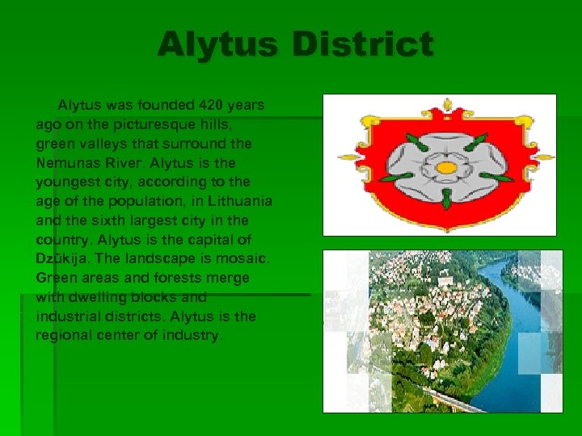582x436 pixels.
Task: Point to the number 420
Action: click(x=210, y=105)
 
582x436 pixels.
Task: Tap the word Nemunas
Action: click(x=65, y=162)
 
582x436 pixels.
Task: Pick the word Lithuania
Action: click(x=240, y=201)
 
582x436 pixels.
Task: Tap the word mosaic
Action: click(x=246, y=259)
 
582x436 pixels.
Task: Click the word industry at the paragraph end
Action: click(x=192, y=336)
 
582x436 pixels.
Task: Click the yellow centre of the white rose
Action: click(x=446, y=168)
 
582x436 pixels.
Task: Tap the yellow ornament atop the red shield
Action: click(x=447, y=106)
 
